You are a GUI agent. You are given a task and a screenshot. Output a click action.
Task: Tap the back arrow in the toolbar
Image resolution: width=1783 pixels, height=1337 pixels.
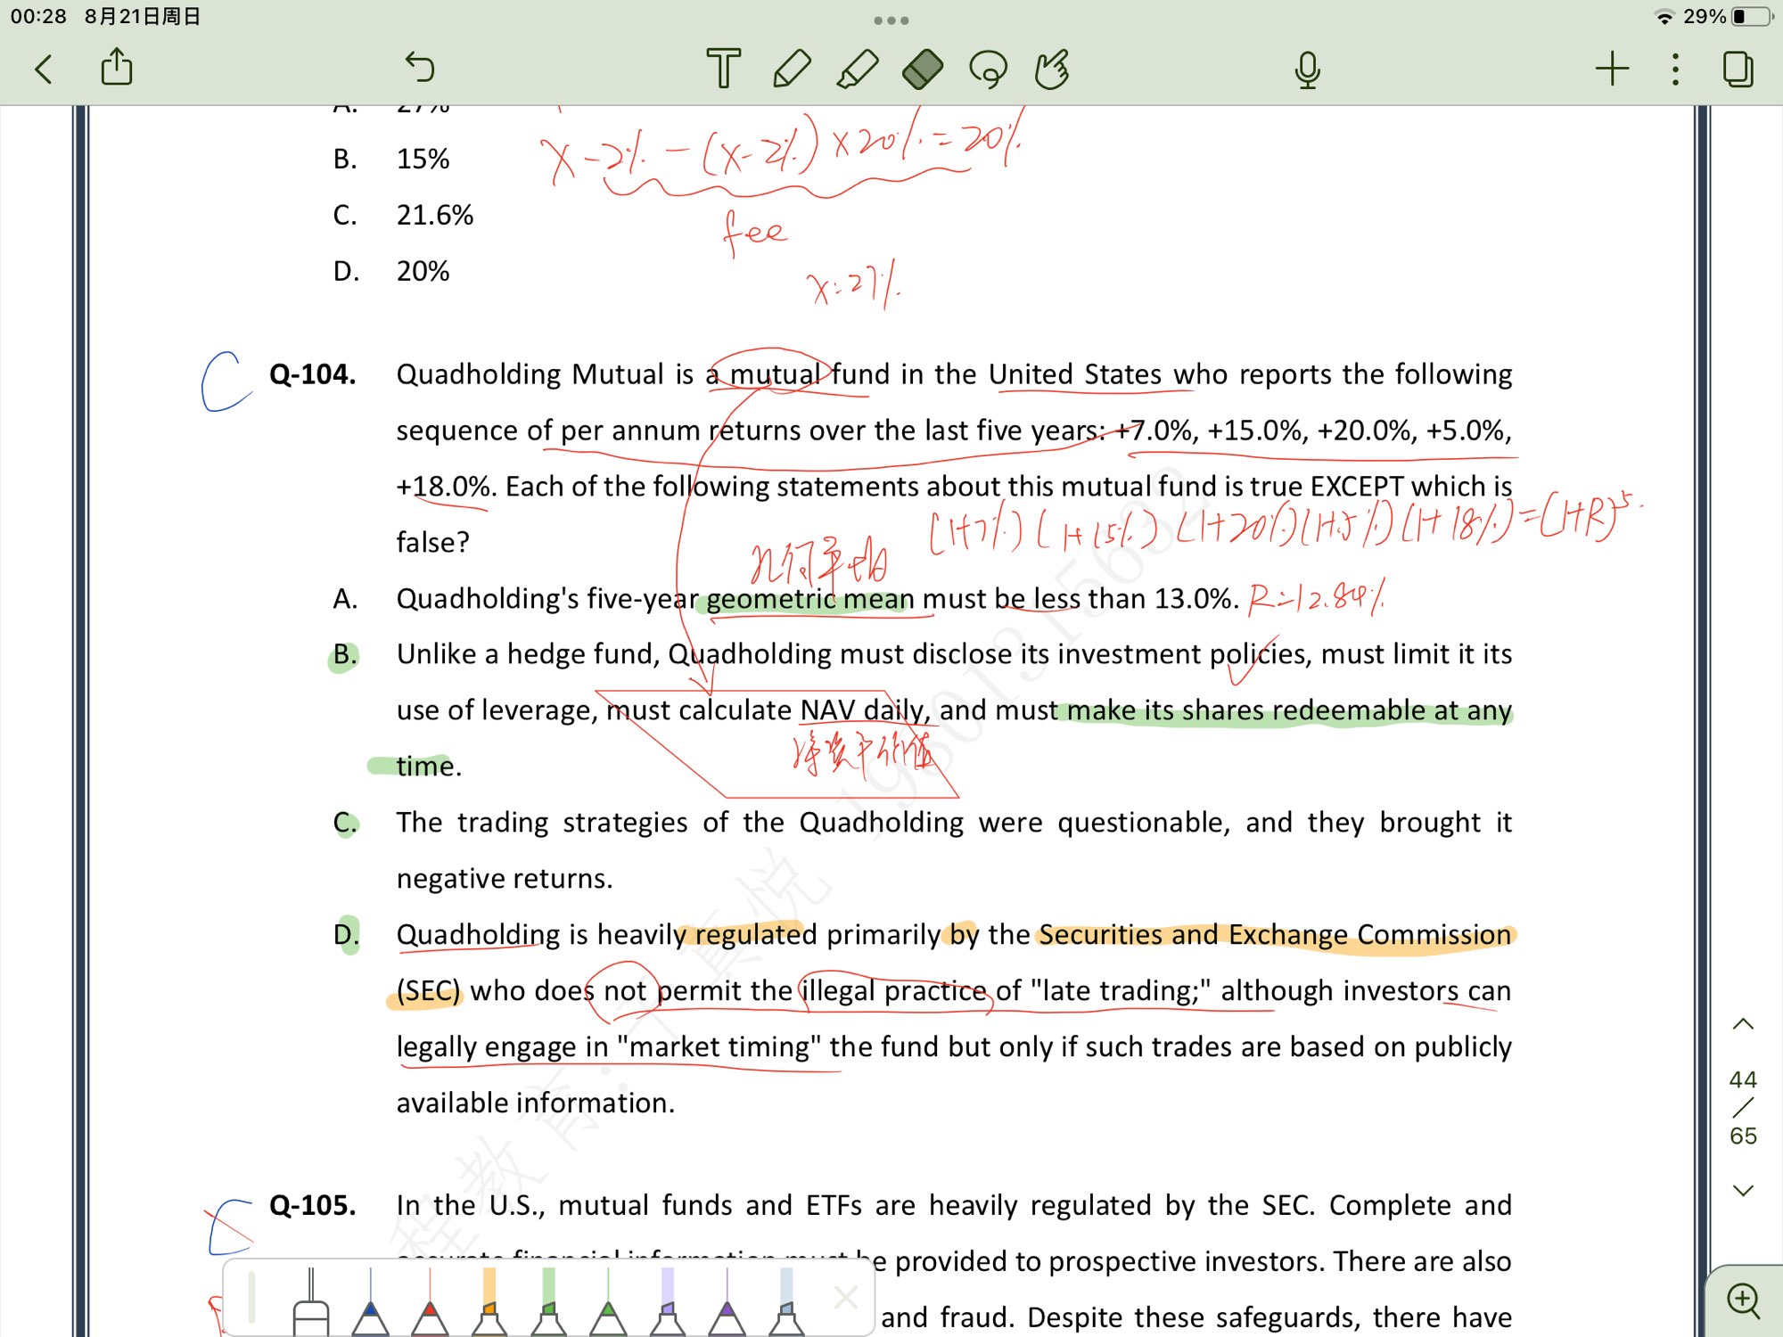coord(44,69)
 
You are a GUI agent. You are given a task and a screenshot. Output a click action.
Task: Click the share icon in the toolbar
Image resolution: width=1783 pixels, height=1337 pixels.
coord(117,68)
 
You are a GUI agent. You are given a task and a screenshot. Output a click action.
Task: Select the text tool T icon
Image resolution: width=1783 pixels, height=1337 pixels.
coord(723,69)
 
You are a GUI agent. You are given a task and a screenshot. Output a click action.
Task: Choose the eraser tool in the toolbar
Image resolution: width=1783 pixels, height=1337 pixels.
coord(923,69)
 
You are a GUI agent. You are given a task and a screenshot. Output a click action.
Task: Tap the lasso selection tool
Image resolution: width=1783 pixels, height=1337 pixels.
coord(988,69)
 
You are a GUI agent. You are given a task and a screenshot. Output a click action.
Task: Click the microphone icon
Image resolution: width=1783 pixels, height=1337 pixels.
coord(1307,70)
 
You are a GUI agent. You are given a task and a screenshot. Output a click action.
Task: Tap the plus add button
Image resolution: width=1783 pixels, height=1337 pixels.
coord(1612,69)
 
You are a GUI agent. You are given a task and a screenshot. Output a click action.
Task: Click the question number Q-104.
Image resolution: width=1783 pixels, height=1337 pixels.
coord(312,374)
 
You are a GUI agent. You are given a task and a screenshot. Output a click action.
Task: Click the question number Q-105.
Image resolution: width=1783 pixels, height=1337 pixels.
coord(312,1205)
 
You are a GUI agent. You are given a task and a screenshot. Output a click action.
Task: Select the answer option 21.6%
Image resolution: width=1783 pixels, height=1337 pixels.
coord(434,215)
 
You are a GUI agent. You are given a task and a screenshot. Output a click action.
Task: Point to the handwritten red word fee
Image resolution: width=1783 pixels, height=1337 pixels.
coord(754,232)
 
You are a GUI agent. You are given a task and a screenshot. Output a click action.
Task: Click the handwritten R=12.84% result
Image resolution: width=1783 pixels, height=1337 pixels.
coord(1316,596)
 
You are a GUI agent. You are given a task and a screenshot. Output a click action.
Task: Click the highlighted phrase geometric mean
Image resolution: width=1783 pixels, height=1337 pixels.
coord(809,599)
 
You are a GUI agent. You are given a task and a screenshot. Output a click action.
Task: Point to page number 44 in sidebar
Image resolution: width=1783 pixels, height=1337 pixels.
coord(1743,1080)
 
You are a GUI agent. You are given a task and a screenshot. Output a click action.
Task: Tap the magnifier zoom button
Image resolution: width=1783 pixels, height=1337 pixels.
coord(1744,1300)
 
